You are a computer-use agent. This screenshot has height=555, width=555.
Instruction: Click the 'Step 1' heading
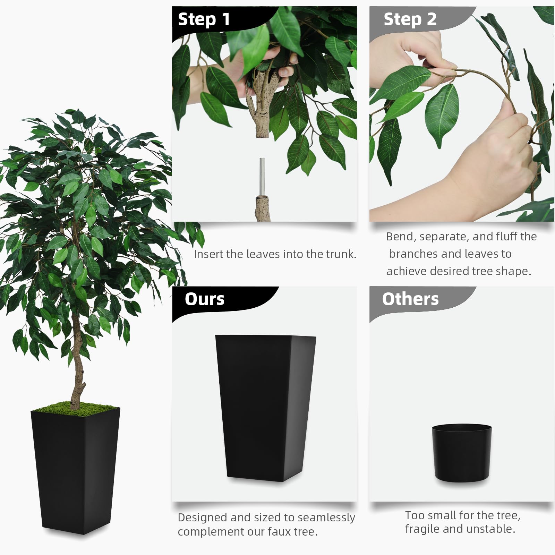click(x=204, y=19)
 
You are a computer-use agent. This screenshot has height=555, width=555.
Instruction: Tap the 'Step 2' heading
click(x=410, y=19)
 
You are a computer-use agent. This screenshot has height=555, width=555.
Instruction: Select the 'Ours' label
click(x=205, y=299)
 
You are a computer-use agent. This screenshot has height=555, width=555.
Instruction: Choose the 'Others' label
click(x=410, y=299)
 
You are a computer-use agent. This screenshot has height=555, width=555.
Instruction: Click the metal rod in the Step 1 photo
click(x=263, y=177)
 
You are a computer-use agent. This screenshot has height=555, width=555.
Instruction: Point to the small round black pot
click(x=462, y=453)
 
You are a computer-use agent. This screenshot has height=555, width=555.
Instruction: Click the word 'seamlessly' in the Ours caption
click(x=326, y=518)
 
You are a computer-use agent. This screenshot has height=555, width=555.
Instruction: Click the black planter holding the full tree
click(x=75, y=470)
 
